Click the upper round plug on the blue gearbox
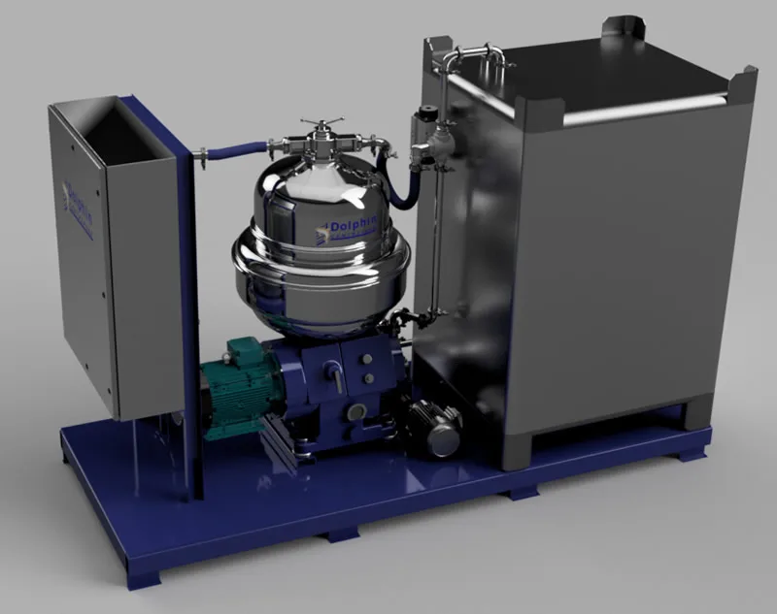[x=366, y=359]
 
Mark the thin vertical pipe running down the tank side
[x=433, y=242]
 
